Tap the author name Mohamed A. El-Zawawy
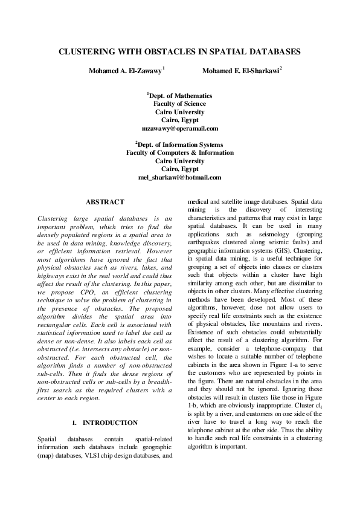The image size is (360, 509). coord(126,71)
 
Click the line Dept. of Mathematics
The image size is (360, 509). coord(180,96)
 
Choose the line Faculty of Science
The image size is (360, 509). coord(179,104)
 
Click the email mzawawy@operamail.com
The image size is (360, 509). coord(179,129)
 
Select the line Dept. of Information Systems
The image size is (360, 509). coord(180,145)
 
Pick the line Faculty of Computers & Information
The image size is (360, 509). coord(179,154)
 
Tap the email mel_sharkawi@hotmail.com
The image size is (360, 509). coord(179,178)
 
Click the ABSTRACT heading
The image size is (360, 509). coord(105,202)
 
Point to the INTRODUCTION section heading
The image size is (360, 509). coord(109,423)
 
